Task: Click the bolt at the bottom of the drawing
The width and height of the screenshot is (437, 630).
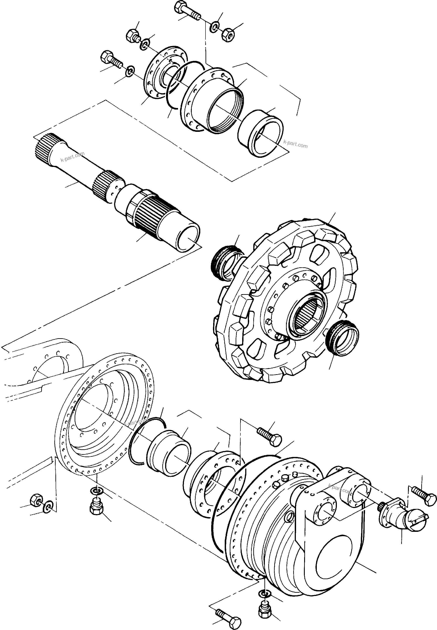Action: pyautogui.click(x=229, y=615)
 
